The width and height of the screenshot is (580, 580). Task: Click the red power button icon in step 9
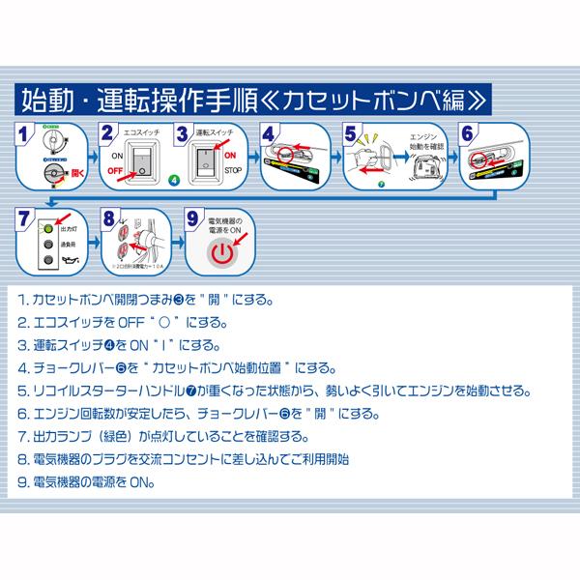point(222,254)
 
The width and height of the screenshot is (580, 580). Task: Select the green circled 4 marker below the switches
point(173,180)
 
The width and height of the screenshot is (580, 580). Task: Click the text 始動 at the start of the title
point(46,98)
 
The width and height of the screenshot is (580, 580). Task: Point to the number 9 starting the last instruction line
point(22,479)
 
